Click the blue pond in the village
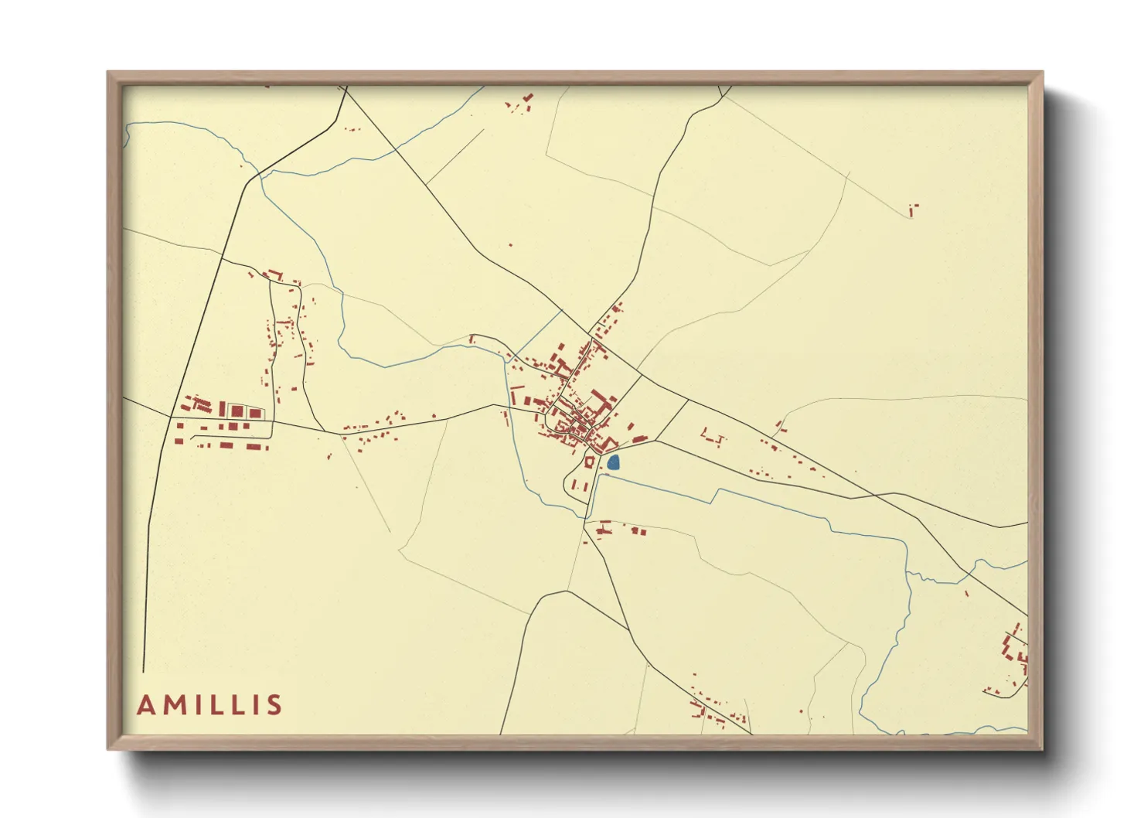pos(613,463)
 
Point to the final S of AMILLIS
pos(274,705)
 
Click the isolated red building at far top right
pos(912,210)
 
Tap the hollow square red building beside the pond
pos(589,462)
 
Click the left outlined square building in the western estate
pos(237,411)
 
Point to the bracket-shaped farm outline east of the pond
pos(713,438)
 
